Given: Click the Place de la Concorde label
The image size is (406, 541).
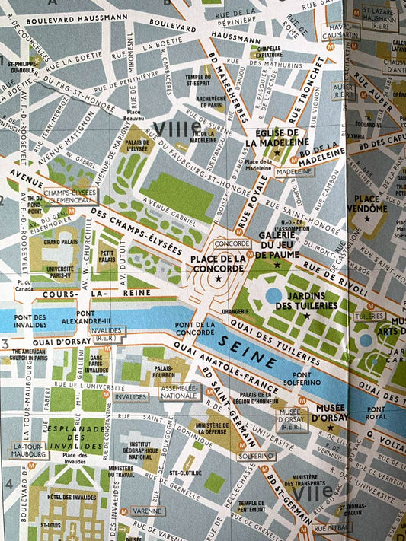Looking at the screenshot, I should click(x=218, y=264).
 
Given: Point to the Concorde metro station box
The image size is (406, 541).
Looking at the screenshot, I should click(x=232, y=243).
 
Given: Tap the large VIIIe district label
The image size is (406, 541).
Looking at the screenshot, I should click(x=176, y=127).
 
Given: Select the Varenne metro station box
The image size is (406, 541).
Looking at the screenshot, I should click(x=146, y=511).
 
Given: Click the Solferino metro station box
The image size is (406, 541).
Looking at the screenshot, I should click(x=254, y=456).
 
